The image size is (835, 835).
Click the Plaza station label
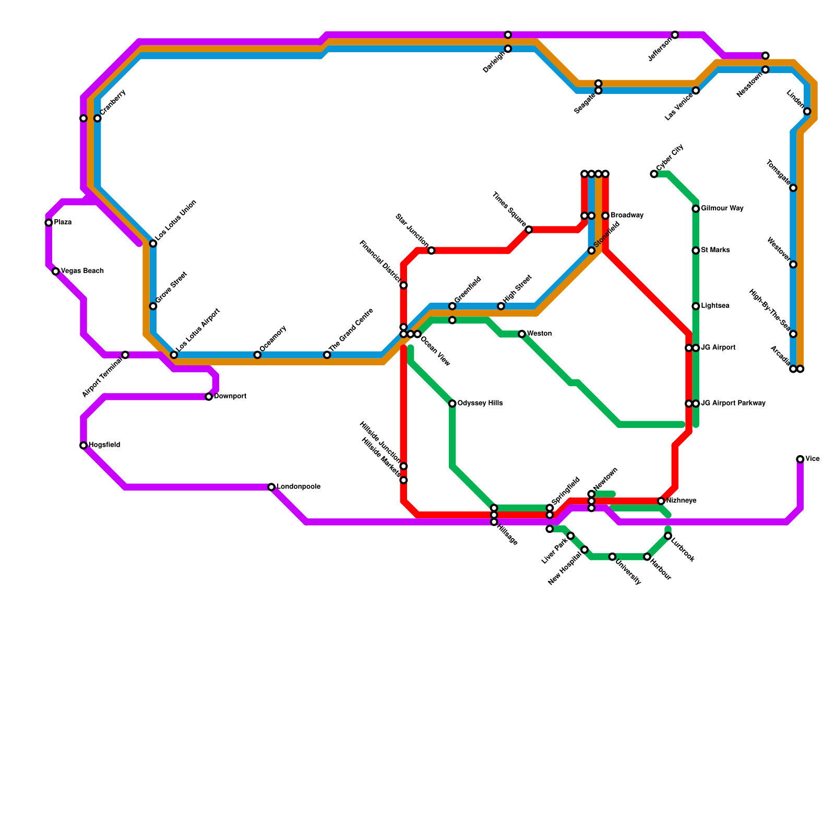[x=63, y=222]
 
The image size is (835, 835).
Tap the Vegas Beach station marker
[x=56, y=271]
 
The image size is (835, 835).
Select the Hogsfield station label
[x=104, y=445]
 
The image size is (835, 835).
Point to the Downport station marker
[x=209, y=397]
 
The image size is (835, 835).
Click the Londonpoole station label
[x=299, y=487]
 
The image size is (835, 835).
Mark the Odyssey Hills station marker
[x=452, y=403]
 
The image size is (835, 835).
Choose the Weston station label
[x=539, y=333]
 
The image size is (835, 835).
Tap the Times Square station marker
[x=529, y=230]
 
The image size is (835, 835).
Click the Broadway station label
[x=627, y=216]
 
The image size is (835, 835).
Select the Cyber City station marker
[x=654, y=174]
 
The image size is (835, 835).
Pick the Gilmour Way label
[x=722, y=209]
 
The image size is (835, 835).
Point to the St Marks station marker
[x=696, y=250]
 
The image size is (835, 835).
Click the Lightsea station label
[x=715, y=306]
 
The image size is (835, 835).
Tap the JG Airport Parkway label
[x=733, y=403]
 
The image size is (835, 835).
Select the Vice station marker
[x=800, y=459]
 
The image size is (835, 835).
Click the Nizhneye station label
[x=681, y=501]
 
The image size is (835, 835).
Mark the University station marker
[x=612, y=557]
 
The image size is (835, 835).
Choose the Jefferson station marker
[x=675, y=35]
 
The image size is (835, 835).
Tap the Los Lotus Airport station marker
[x=174, y=355]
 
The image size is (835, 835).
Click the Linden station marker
[x=807, y=111]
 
